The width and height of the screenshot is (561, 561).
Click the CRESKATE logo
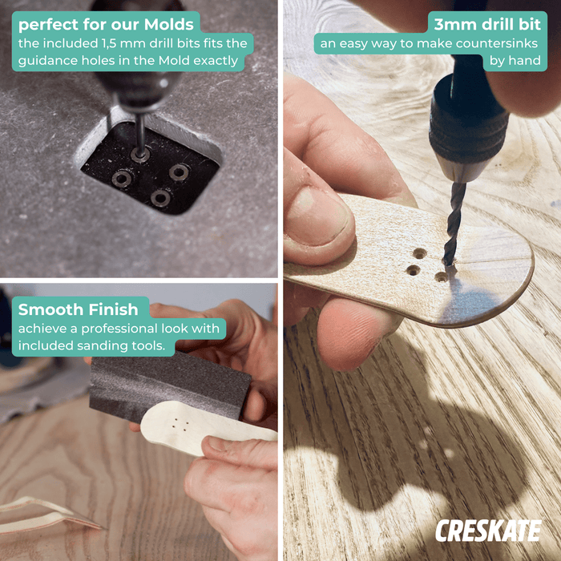click(x=488, y=531)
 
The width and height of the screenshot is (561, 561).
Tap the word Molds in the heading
click(x=168, y=24)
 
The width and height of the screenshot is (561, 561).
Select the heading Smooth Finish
click(x=78, y=309)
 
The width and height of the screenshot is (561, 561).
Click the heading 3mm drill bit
click(x=487, y=24)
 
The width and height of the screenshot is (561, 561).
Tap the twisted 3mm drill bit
click(x=454, y=224)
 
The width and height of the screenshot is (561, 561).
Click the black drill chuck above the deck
click(x=469, y=118)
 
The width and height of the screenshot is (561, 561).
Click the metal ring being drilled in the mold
click(x=140, y=155)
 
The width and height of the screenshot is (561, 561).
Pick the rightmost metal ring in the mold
click(x=179, y=172)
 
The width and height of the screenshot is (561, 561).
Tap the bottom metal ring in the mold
click(x=160, y=198)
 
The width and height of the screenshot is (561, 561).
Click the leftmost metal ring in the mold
click(x=122, y=179)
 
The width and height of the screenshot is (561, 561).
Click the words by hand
click(x=515, y=60)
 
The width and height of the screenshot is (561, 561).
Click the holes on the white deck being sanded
click(x=180, y=423)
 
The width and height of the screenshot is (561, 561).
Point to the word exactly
click(x=216, y=60)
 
